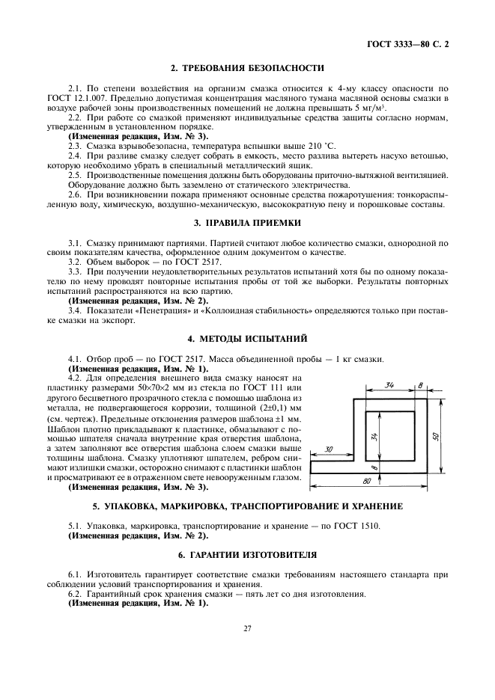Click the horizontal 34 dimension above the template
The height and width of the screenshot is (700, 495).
[391, 386]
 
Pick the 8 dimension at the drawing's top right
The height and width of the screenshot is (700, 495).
[421, 385]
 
